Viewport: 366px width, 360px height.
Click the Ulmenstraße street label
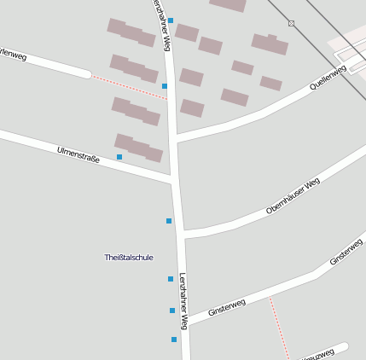point(78,154)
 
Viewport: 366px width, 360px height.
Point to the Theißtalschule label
point(128,257)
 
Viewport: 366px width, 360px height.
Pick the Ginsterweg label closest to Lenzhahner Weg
point(226,306)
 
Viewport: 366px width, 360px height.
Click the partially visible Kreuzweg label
point(317,354)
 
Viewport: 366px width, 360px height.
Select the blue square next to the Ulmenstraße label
point(119,157)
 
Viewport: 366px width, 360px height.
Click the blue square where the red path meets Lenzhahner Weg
point(165,86)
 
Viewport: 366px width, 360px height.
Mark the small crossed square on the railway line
point(291,23)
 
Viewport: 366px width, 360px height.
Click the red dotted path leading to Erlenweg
point(128,87)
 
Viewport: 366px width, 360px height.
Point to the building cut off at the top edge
point(228,4)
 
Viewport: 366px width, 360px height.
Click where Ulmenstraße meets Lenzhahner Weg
point(174,180)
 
